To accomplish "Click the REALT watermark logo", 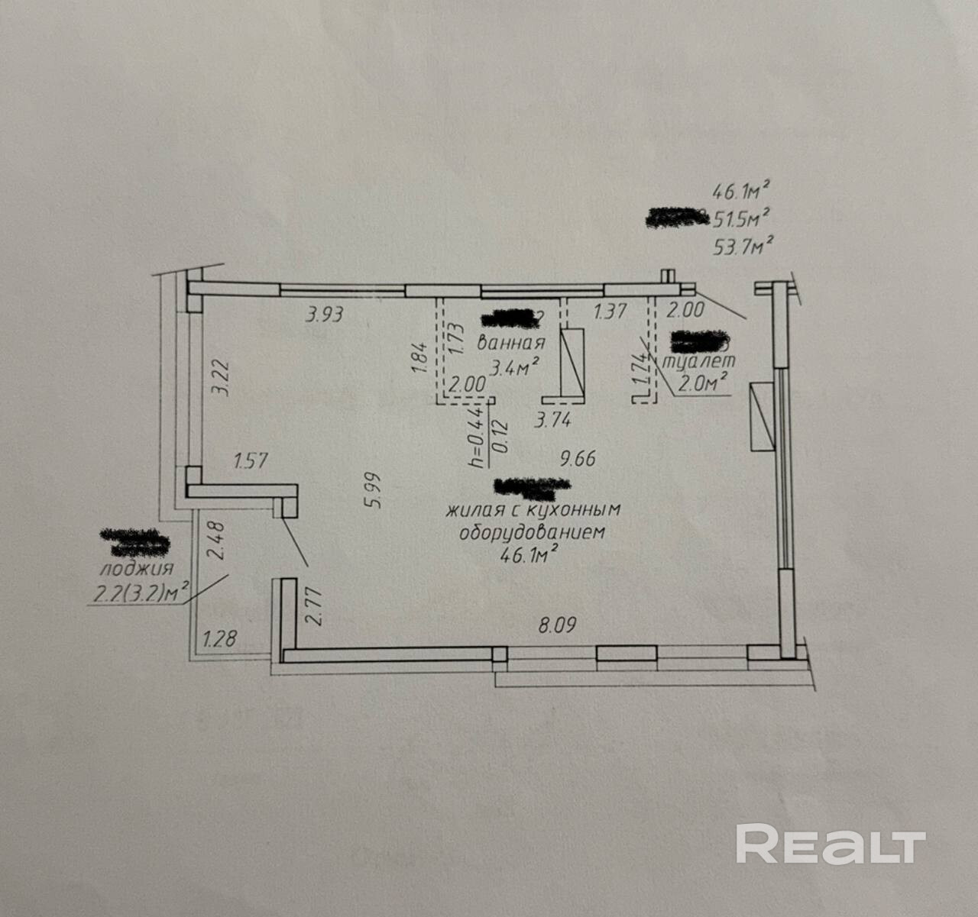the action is [x=831, y=844].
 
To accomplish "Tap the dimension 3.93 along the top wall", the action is [x=325, y=314].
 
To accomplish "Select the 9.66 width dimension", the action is [x=577, y=458].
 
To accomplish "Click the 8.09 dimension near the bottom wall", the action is [x=557, y=625].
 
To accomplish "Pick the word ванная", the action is [x=511, y=343].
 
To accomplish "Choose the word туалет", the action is [x=700, y=361].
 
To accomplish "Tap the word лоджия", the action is [x=137, y=569].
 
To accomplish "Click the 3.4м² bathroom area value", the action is [x=515, y=369].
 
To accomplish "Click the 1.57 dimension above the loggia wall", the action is [x=252, y=460].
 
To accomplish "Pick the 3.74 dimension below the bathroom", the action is [x=554, y=419].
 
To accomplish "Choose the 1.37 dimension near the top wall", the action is [x=610, y=311].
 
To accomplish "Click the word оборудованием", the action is [x=532, y=532].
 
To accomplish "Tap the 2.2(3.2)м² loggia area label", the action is [x=139, y=592].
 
